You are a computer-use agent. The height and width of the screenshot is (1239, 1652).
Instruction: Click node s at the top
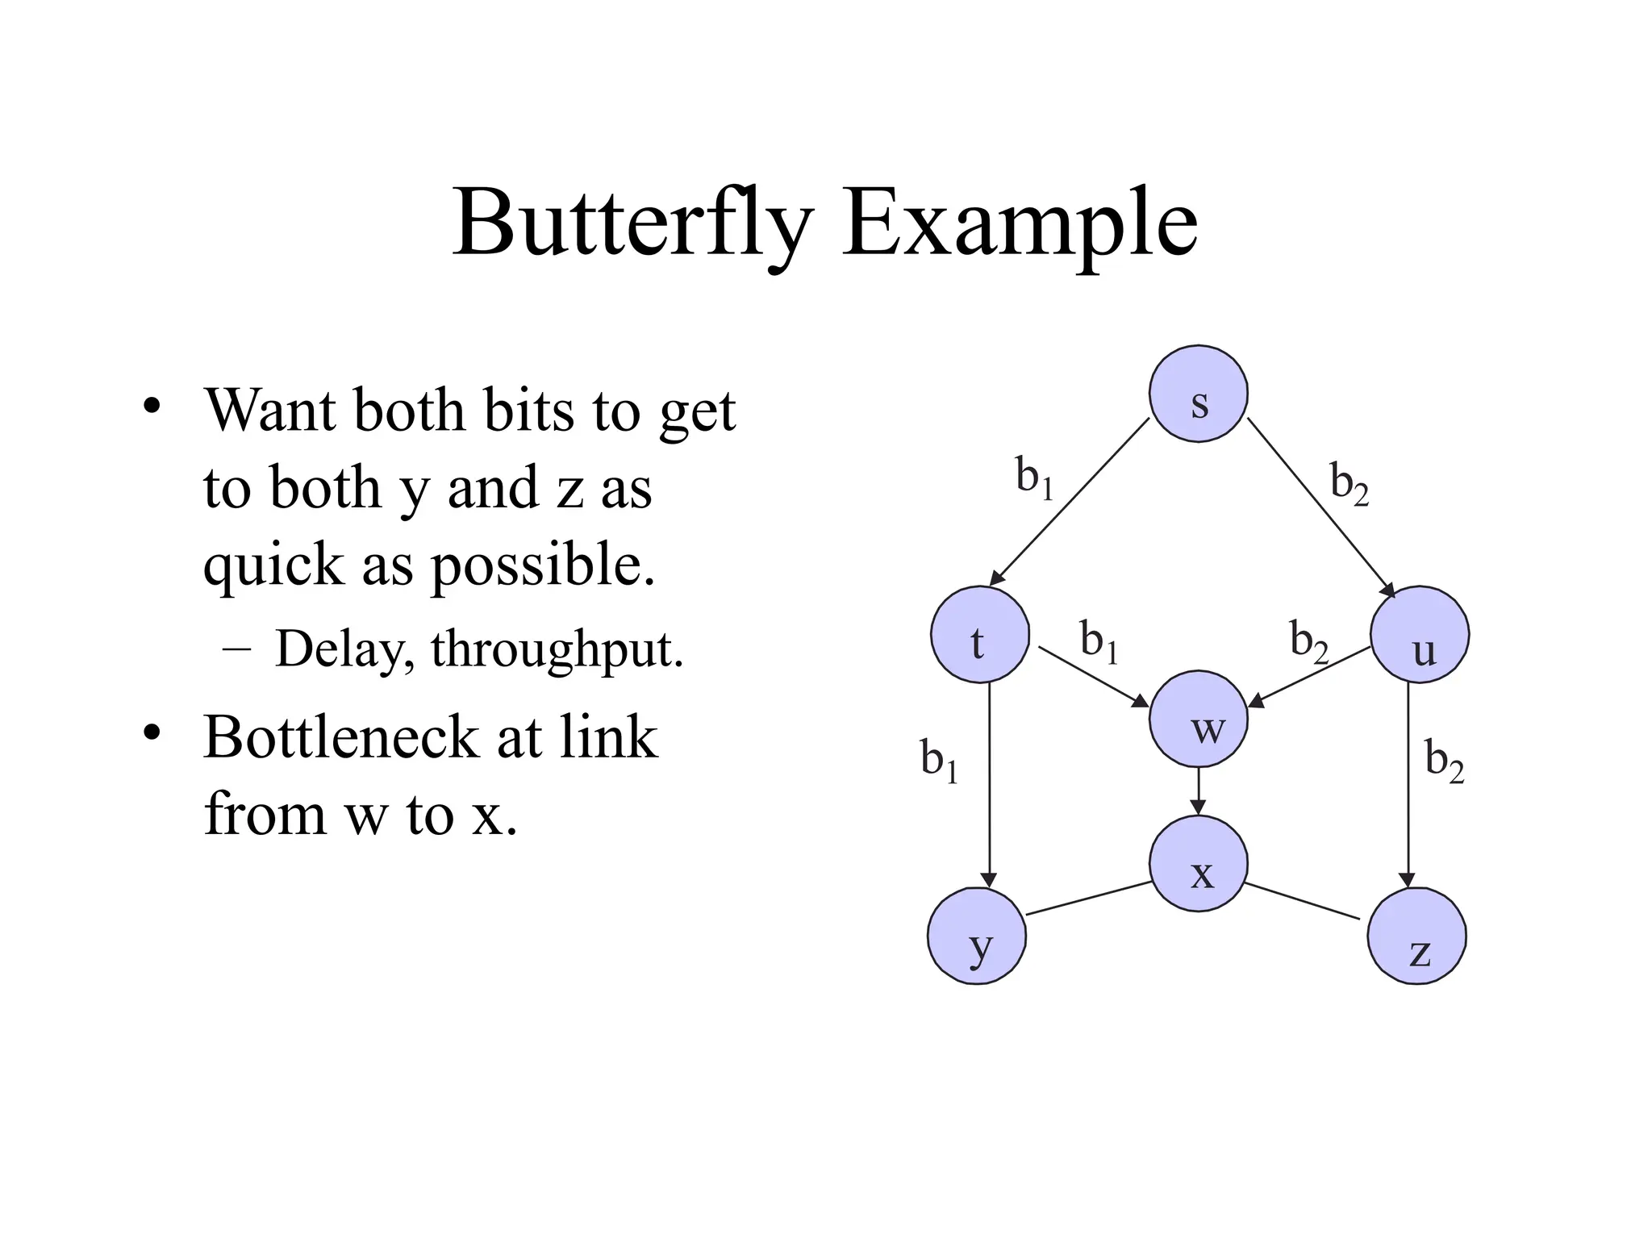pyautogui.click(x=1198, y=394)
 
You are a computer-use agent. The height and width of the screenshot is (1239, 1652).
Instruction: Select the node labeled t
pyautogui.click(x=979, y=634)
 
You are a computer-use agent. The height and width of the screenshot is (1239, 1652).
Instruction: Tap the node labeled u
pyautogui.click(x=1420, y=634)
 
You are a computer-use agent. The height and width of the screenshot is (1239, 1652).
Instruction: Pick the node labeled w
pyautogui.click(x=1199, y=719)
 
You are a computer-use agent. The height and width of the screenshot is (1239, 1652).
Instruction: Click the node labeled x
pyautogui.click(x=1199, y=863)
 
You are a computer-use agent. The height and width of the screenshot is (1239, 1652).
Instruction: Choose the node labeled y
pyautogui.click(x=977, y=936)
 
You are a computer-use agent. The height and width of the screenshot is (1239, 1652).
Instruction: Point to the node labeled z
pyautogui.click(x=1417, y=936)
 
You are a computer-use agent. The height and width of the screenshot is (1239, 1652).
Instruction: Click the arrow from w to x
pyautogui.click(x=1199, y=791)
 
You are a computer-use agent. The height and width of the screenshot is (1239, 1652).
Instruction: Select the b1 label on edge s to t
pyautogui.click(x=1034, y=478)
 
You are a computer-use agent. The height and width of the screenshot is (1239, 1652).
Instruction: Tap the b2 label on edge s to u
pyautogui.click(x=1350, y=484)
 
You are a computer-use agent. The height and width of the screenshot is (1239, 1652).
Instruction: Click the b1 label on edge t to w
pyautogui.click(x=1099, y=642)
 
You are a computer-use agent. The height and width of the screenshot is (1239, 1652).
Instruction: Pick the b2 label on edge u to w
pyautogui.click(x=1308, y=642)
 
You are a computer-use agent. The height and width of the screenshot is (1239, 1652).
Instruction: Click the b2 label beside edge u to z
pyautogui.click(x=1444, y=761)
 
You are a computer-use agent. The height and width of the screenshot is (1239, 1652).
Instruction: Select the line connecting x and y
pyautogui.click(x=1089, y=898)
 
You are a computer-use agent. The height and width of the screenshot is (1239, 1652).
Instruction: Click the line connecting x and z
pyautogui.click(x=1302, y=901)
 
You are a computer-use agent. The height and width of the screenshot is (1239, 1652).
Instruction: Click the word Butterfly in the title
pyautogui.click(x=632, y=223)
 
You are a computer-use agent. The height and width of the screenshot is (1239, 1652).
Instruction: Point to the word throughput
pyautogui.click(x=557, y=649)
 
